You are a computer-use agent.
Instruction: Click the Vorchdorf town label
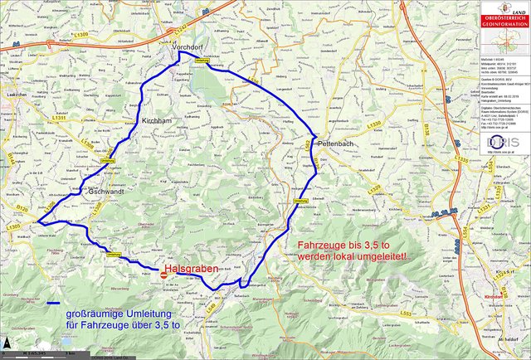[188, 49]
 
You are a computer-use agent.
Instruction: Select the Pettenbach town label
[336, 143]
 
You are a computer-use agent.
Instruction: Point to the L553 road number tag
[405, 314]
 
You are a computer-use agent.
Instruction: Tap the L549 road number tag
[209, 308]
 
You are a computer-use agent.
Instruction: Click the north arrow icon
[7, 342]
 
